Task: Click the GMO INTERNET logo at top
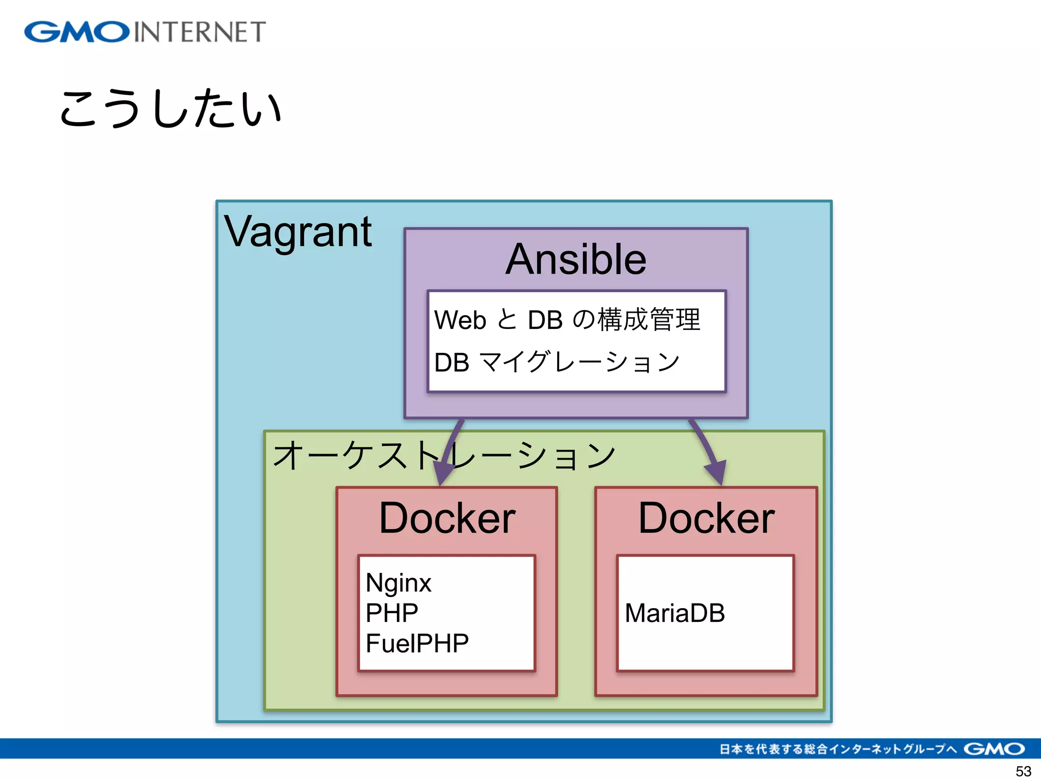pyautogui.click(x=145, y=32)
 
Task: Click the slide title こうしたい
pyautogui.click(x=170, y=108)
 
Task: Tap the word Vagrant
pyautogui.click(x=298, y=232)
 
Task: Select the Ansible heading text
pyautogui.click(x=575, y=260)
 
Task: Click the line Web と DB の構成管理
pyautogui.click(x=567, y=320)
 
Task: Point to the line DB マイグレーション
pyautogui.click(x=557, y=363)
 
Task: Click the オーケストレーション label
pyautogui.click(x=443, y=455)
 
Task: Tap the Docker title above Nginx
pyautogui.click(x=447, y=519)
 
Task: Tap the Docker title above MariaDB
pyautogui.click(x=706, y=519)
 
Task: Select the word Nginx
pyautogui.click(x=398, y=583)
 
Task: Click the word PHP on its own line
pyautogui.click(x=391, y=613)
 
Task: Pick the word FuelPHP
pyautogui.click(x=417, y=643)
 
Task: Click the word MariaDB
pyautogui.click(x=675, y=613)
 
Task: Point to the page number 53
pyautogui.click(x=1023, y=771)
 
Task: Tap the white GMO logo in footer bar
pyautogui.click(x=994, y=749)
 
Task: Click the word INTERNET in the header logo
pyautogui.click(x=200, y=32)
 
